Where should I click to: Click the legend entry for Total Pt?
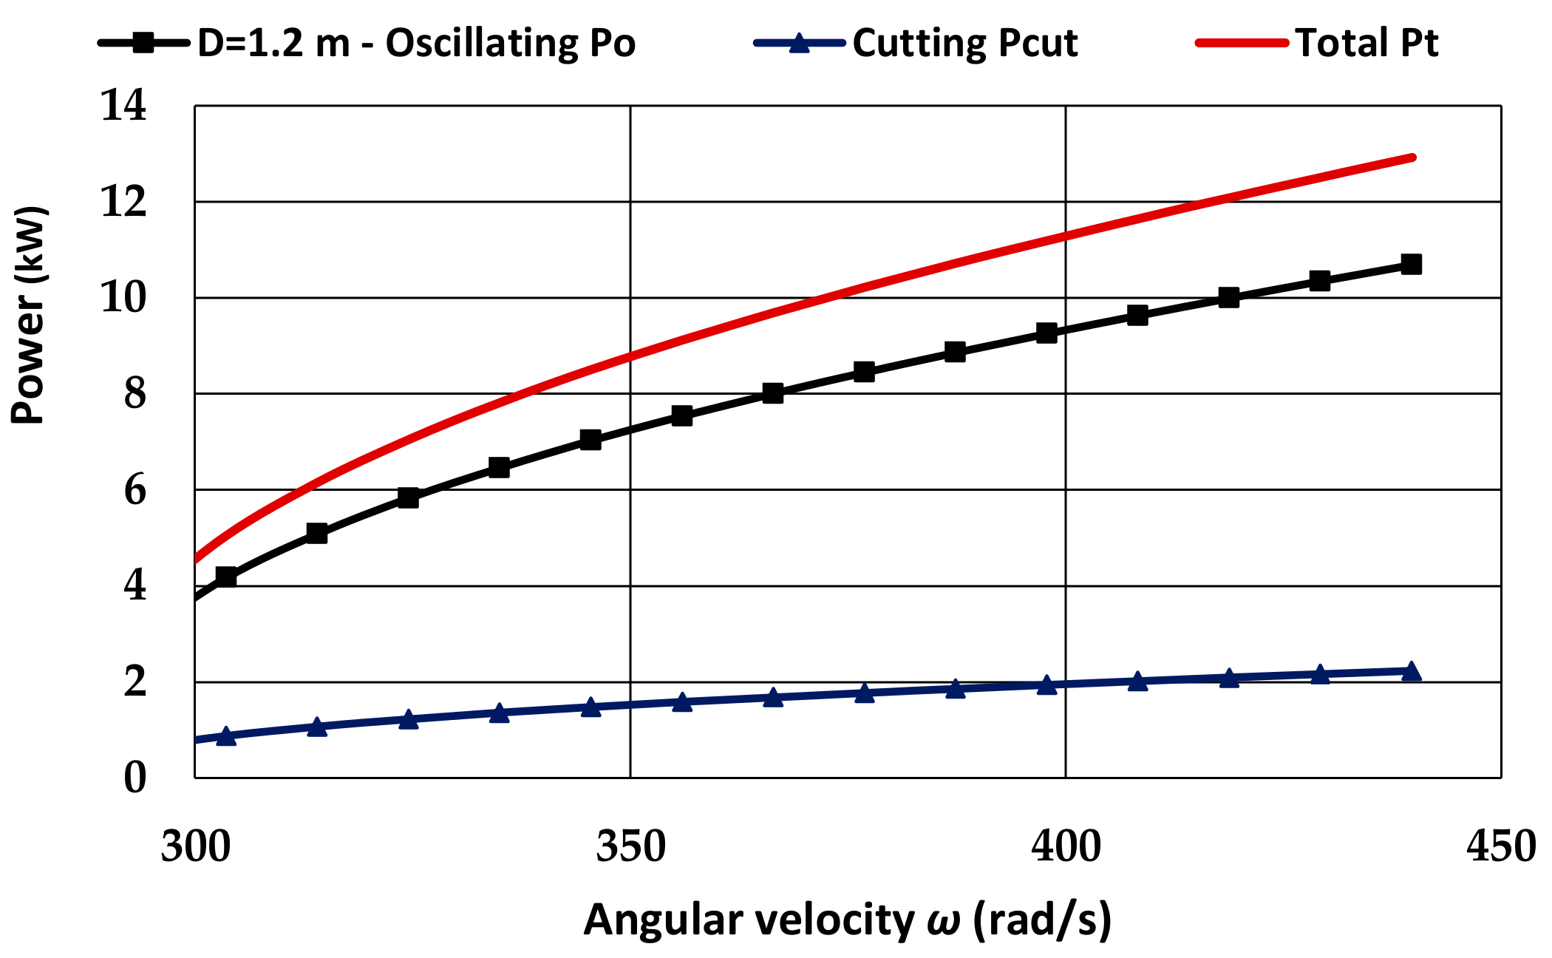(1366, 43)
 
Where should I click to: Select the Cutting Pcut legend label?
(964, 43)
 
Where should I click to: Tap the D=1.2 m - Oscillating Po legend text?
(416, 43)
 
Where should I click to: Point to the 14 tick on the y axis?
(123, 106)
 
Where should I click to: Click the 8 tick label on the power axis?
(135, 394)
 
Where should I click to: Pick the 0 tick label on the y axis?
(135, 778)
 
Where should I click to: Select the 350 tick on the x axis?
(630, 847)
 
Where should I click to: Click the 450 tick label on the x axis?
(1500, 847)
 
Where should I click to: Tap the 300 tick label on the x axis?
(195, 847)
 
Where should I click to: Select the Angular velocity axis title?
(847, 920)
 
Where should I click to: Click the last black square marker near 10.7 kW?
(1411, 265)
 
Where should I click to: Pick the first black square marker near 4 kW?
(226, 577)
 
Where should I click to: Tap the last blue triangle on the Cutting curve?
(1411, 671)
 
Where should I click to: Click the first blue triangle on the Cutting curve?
(226, 736)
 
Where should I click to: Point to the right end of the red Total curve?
(1412, 157)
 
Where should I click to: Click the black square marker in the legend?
(143, 43)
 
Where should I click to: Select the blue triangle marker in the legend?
(799, 43)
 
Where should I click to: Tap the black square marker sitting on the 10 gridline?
(1228, 298)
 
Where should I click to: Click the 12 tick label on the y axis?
(123, 202)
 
